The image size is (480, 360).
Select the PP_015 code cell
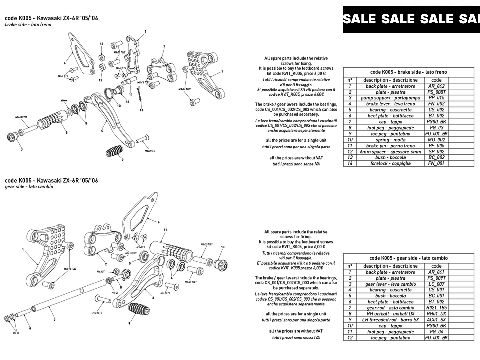pyautogui.click(x=436, y=98)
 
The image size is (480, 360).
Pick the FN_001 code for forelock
pyautogui.click(x=436, y=163)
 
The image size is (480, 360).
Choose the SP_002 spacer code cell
pyautogui.click(x=436, y=152)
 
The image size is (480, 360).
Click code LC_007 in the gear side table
pyautogui.click(x=436, y=284)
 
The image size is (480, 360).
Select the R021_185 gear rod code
pyautogui.click(x=436, y=308)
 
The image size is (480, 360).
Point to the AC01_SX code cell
pyautogui.click(x=436, y=320)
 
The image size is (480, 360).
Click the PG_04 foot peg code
pyautogui.click(x=436, y=332)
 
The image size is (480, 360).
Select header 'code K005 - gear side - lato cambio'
pyautogui.click(x=408, y=258)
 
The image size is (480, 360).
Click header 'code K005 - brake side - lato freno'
pyautogui.click(x=408, y=72)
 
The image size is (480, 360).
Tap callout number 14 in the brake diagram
pyautogui.click(x=141, y=110)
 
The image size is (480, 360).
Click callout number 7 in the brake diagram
pyautogui.click(x=21, y=149)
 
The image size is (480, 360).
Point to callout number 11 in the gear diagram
pyautogui.click(x=165, y=230)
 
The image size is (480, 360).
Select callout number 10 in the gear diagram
pyautogui.click(x=223, y=247)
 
